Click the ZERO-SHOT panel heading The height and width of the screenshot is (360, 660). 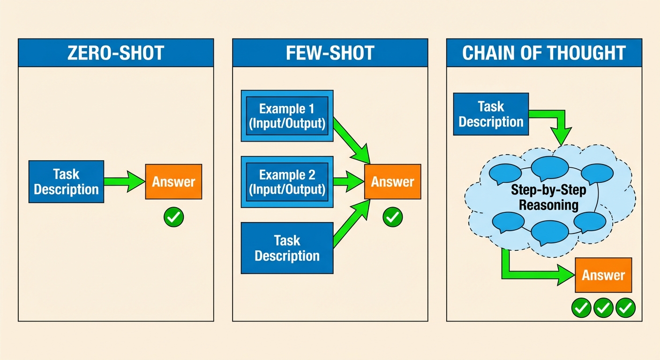[x=116, y=53]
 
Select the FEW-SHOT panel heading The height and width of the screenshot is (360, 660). [x=330, y=53]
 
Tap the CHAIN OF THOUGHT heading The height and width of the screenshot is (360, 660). [x=544, y=53]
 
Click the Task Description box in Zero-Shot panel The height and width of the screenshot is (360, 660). [x=66, y=182]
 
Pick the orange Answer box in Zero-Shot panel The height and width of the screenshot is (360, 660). [x=173, y=182]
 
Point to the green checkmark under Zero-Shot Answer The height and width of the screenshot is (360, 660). [x=173, y=217]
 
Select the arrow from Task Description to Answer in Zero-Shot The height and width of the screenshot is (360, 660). [x=124, y=181]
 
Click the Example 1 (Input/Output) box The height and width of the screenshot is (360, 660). [x=287, y=116]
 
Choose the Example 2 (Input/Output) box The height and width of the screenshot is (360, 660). [x=287, y=182]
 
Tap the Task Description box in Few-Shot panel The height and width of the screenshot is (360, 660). [x=287, y=248]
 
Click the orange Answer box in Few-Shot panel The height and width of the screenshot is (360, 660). [x=392, y=182]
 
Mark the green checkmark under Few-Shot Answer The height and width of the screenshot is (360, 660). [x=392, y=217]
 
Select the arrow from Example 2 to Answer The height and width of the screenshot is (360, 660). [x=348, y=182]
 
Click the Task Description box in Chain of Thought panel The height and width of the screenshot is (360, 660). [x=491, y=114]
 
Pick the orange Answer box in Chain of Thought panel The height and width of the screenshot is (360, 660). [x=603, y=275]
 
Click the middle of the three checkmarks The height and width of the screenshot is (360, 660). [x=603, y=307]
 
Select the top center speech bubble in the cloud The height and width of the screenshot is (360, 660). [x=549, y=167]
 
